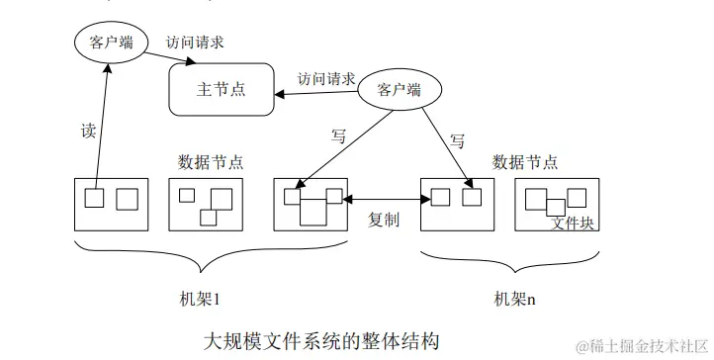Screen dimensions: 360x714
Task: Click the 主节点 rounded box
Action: point(221,90)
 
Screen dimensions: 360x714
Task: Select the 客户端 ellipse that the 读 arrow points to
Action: point(110,43)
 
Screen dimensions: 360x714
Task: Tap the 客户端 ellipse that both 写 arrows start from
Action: point(399,89)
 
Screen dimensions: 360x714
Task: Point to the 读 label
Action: point(86,130)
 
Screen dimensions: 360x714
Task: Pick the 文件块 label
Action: point(573,224)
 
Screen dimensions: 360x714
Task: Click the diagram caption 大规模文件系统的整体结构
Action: point(320,340)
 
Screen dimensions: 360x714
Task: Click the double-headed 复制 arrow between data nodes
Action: point(386,200)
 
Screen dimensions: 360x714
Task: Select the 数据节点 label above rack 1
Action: point(211,161)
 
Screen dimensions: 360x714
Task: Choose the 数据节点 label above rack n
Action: point(524,161)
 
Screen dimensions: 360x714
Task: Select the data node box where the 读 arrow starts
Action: point(111,205)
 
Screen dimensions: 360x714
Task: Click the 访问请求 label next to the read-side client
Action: point(194,43)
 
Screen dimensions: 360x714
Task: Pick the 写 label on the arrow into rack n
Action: point(457,140)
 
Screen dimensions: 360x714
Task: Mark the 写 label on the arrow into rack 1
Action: point(339,136)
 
